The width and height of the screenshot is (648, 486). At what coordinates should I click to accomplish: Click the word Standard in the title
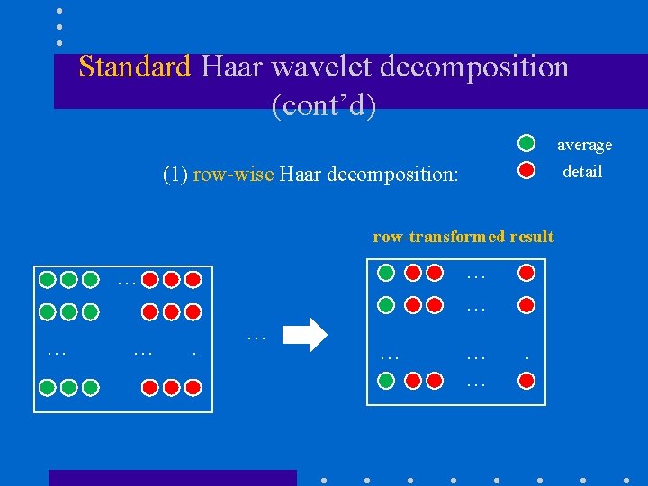(135, 67)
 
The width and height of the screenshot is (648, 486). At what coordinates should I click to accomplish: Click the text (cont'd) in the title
(323, 105)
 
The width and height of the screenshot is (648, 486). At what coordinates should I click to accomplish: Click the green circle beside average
(526, 143)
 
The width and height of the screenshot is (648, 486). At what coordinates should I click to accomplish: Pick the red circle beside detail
(527, 169)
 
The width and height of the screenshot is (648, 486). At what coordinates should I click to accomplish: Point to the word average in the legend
(584, 145)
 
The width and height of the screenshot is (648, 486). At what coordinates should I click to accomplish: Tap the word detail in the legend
(582, 172)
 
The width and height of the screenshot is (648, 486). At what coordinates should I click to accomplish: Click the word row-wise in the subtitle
(233, 175)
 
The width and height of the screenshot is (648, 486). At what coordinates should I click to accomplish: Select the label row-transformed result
(463, 237)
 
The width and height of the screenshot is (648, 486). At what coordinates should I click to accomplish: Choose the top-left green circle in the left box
(46, 279)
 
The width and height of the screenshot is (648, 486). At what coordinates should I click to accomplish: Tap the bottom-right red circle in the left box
(193, 388)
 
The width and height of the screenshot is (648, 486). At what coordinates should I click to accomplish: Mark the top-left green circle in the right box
(386, 272)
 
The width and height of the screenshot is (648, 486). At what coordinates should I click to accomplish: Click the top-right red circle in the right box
(526, 272)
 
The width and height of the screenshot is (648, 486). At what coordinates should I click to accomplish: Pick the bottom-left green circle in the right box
(386, 381)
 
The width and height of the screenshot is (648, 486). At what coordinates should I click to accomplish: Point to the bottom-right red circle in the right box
(526, 381)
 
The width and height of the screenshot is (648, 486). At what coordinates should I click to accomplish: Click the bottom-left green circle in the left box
(46, 388)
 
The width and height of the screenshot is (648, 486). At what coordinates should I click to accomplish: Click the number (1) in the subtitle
(175, 175)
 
